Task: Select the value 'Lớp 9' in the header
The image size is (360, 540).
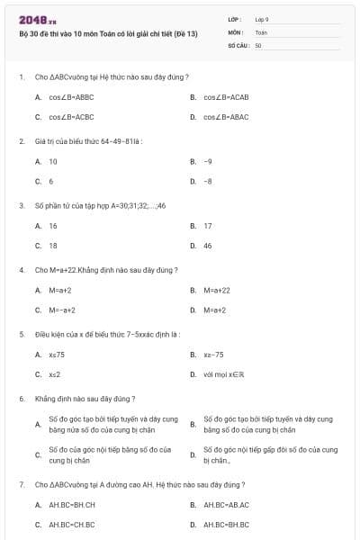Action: (261, 19)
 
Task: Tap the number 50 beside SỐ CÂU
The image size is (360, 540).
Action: (258, 44)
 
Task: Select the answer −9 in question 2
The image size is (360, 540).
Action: (208, 161)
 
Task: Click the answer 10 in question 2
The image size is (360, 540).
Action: (52, 161)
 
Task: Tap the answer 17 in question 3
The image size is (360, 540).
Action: (208, 226)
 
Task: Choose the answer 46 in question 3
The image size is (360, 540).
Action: (208, 245)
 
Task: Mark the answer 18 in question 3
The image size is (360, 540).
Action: (52, 245)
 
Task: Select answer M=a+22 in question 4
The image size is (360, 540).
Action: (217, 291)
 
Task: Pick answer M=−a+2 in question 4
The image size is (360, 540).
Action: (63, 310)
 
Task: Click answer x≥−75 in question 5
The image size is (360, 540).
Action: (213, 355)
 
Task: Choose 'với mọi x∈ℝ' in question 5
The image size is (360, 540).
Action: (225, 374)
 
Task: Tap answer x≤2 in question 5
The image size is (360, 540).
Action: (55, 374)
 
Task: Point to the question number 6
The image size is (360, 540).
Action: (22, 399)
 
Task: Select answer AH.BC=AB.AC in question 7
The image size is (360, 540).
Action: (226, 505)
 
